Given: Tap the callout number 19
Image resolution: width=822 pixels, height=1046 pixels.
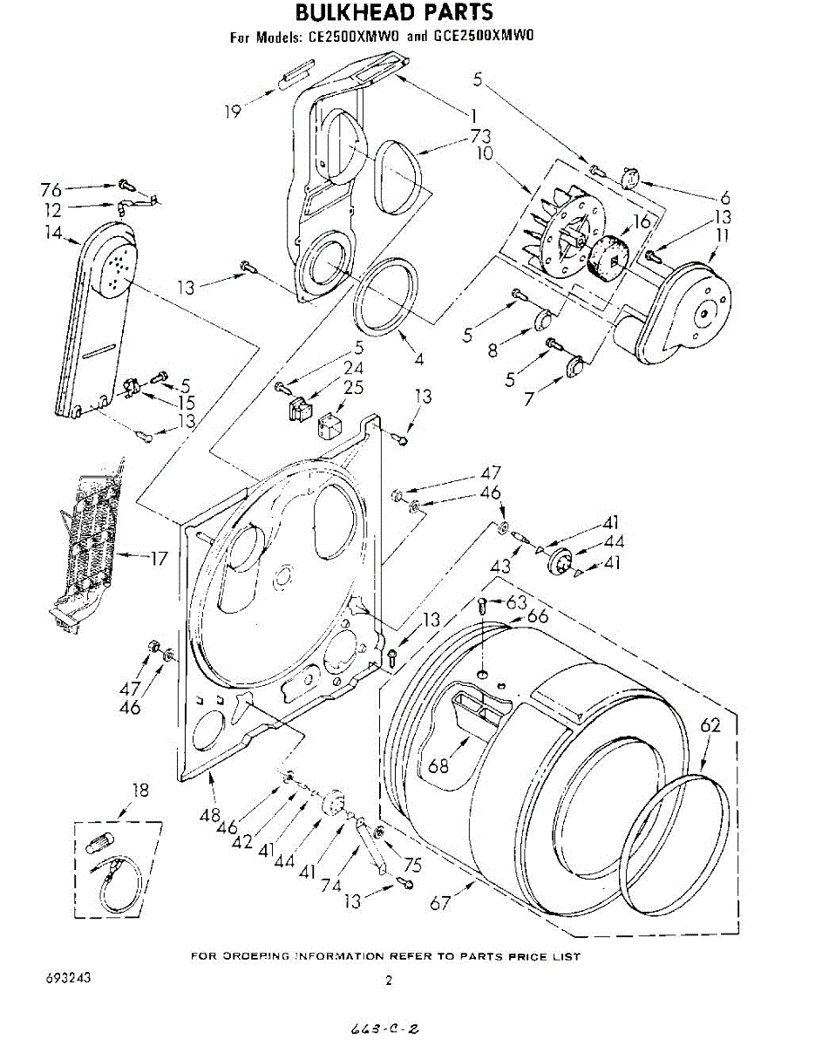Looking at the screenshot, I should tap(232, 111).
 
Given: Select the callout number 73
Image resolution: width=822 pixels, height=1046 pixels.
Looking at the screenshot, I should tap(479, 135).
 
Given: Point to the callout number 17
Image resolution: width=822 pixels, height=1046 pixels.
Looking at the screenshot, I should tap(158, 558).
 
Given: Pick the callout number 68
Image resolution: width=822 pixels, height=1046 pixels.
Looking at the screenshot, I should tap(438, 767).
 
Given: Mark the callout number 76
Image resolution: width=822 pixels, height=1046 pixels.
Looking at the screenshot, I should tap(51, 189).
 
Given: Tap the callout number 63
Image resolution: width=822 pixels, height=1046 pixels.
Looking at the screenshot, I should tap(517, 601).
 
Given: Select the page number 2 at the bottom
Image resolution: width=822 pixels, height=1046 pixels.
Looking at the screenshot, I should tap(390, 981).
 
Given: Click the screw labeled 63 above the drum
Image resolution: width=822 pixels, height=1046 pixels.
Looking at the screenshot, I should tap(482, 608).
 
